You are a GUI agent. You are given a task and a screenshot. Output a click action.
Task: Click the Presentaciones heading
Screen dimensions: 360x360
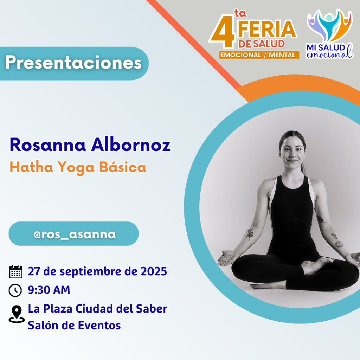(x=73, y=63)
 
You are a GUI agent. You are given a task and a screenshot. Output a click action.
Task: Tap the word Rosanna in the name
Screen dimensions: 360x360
(x=48, y=145)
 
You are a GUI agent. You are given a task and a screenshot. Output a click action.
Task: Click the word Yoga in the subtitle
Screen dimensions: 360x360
(x=76, y=168)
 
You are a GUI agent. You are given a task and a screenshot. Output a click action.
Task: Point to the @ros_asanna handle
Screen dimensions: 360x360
(x=75, y=234)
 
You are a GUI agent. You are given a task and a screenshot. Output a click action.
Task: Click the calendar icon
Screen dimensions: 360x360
(x=15, y=272)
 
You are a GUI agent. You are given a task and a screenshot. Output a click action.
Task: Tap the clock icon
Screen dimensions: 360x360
(x=15, y=290)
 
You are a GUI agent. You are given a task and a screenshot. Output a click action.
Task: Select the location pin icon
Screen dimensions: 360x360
(x=17, y=314)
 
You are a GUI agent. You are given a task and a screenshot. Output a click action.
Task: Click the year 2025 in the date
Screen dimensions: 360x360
(x=154, y=271)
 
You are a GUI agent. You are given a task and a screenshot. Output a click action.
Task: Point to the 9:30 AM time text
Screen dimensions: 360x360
(x=49, y=290)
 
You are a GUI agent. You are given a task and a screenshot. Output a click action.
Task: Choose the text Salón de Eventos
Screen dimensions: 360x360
(x=74, y=325)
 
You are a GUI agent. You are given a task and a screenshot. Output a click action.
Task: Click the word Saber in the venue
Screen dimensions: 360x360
(x=152, y=309)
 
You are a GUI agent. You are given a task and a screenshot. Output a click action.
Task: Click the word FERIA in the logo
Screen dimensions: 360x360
(x=267, y=29)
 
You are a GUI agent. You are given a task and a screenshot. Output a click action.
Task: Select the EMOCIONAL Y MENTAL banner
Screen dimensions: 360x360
(x=259, y=55)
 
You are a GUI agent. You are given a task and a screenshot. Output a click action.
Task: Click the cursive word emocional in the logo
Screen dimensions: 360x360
(x=329, y=54)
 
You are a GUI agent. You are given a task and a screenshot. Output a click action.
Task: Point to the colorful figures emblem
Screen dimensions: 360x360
(x=329, y=25)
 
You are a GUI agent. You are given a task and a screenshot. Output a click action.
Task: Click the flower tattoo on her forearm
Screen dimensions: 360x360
(x=250, y=234)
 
